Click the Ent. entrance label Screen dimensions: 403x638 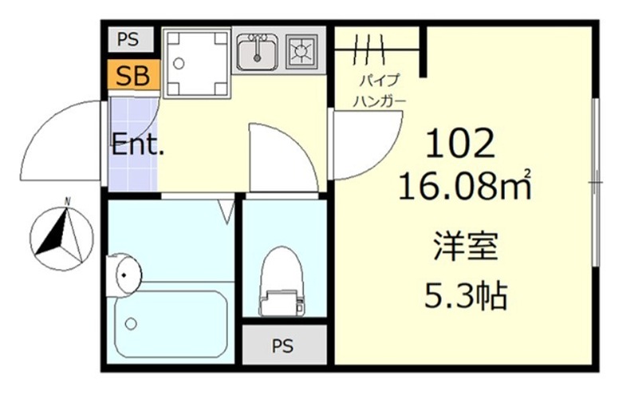pos(136,146)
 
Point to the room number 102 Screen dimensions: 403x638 pos(461,144)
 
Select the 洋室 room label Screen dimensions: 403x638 pos(467,246)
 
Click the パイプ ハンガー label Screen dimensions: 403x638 pos(380,91)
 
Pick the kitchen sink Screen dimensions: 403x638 pos(256,51)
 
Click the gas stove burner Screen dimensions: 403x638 pos(303,52)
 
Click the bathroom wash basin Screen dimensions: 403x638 pos(125,273)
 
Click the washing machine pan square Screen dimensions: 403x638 pos(195,62)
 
